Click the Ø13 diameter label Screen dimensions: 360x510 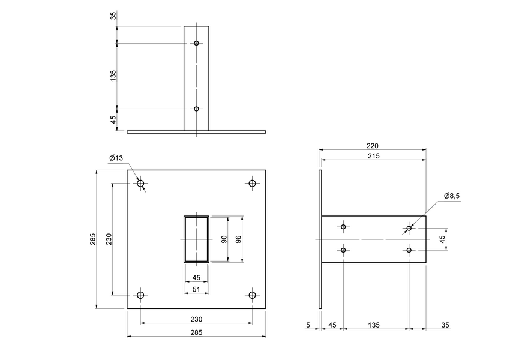pos(116,158)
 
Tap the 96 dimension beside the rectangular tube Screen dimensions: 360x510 pos(238,239)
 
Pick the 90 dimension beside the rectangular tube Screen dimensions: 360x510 pos(224,239)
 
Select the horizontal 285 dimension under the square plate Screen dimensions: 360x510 pos(196,332)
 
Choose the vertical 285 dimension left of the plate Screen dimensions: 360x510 pos(92,239)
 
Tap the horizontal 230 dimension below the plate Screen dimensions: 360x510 pos(196,319)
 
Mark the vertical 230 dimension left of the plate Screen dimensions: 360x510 pos(108,239)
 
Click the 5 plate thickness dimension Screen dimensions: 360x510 pos(308,326)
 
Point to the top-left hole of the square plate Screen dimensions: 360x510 pos(141,184)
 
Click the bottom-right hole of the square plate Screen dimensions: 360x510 pos(252,295)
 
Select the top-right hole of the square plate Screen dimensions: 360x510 pos(252,184)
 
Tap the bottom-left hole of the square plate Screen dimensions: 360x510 pos(141,295)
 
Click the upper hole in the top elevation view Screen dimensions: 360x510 pos(196,43)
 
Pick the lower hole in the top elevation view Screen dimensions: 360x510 pos(196,109)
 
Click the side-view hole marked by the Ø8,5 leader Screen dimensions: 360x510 pos(409,228)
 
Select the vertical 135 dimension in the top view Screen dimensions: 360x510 pos(113,76)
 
